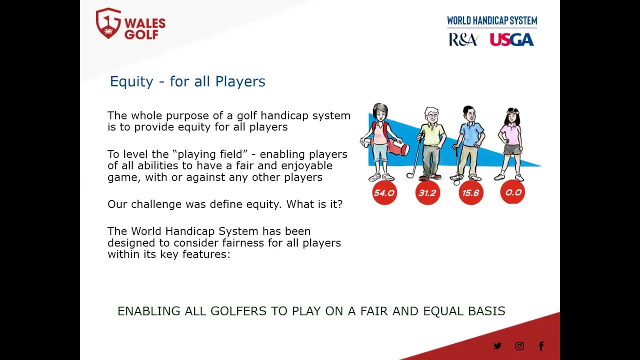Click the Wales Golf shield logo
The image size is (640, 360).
pyautogui.click(x=108, y=23)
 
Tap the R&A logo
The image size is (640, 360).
pyautogui.click(x=463, y=39)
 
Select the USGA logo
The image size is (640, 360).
pyautogui.click(x=511, y=39)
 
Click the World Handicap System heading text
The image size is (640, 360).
pyautogui.click(x=492, y=20)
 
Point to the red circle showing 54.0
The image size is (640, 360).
pyautogui.click(x=384, y=193)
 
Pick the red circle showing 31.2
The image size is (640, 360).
pyautogui.click(x=427, y=193)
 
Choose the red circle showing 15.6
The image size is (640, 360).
pyautogui.click(x=471, y=193)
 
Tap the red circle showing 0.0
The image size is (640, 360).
pyautogui.click(x=512, y=192)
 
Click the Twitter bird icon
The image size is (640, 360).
pyautogui.click(x=497, y=346)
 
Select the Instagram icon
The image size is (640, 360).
pyautogui.click(x=519, y=346)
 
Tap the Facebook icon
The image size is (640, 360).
pyautogui.click(x=541, y=346)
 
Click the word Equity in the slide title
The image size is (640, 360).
pyautogui.click(x=131, y=81)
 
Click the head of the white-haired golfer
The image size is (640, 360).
pyautogui.click(x=431, y=115)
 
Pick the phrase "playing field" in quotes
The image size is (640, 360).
pyautogui.click(x=210, y=154)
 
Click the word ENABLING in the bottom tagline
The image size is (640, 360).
pyautogui.click(x=149, y=311)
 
